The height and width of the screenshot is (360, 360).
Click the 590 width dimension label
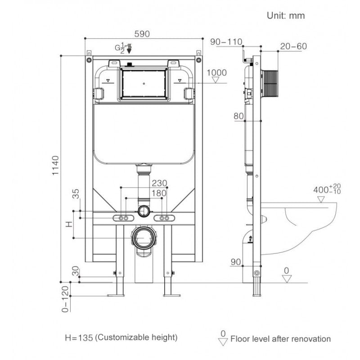142,34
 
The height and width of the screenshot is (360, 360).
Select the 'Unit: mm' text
286,15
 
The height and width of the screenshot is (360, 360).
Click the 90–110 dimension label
226,42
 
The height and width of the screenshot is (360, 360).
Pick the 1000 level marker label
216,72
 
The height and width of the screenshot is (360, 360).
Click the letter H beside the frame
69,224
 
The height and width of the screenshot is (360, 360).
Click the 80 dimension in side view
238,116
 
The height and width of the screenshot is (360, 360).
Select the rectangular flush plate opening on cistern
144,83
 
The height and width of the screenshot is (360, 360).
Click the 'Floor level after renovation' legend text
280,339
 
